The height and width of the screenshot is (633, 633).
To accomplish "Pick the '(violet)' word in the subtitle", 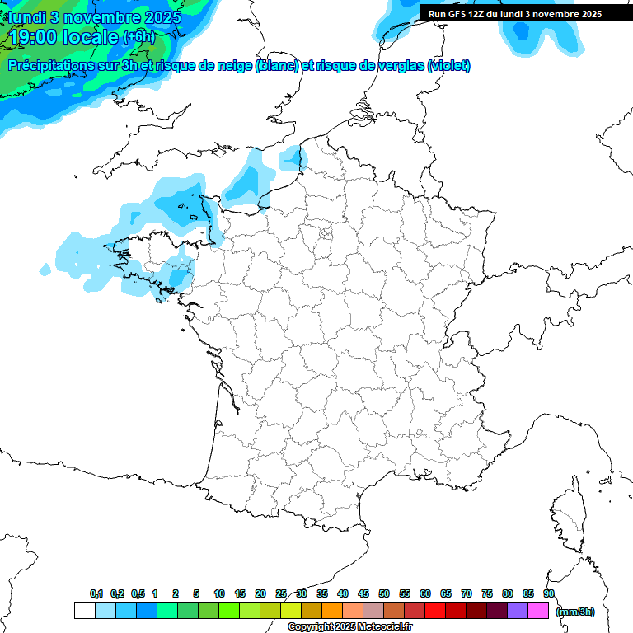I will point(449,66).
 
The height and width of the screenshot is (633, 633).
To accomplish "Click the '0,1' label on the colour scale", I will point(96,593).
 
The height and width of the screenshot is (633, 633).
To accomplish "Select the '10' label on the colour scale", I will point(219,593).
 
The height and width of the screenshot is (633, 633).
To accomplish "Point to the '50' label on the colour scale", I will point(384,593).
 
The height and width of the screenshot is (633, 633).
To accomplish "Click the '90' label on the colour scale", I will point(548,593).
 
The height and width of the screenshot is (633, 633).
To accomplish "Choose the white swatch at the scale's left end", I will point(84,610).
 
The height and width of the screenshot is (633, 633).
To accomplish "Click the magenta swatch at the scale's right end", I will point(538,610).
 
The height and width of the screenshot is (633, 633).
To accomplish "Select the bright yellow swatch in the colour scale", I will point(291,610).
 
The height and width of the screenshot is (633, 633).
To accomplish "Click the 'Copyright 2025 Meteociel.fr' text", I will point(349,626).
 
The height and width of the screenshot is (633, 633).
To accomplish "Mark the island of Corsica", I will point(568,515).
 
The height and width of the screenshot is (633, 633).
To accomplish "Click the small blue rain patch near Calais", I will point(291,156).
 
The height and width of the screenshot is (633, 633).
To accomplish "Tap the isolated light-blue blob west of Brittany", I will point(45,269).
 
